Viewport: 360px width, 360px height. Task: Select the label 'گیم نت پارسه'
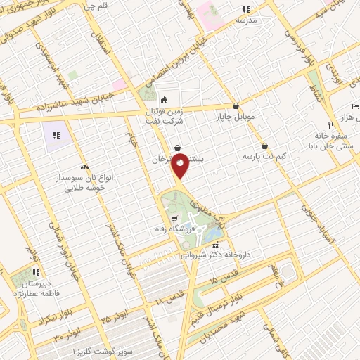tap(264, 155)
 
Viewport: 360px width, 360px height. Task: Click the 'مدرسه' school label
tap(246, 20)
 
